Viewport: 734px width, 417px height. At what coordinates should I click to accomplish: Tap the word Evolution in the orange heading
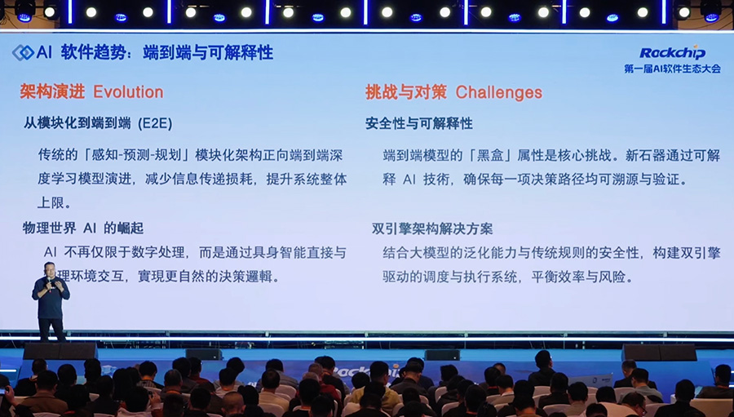click(128, 92)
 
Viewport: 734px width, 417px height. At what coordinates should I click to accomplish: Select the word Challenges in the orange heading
click(498, 92)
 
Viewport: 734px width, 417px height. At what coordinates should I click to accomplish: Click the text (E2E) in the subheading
click(155, 124)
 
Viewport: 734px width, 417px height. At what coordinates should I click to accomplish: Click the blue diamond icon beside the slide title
click(23, 53)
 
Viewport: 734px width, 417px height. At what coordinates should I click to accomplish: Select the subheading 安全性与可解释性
click(418, 124)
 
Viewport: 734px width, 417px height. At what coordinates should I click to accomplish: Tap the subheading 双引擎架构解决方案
click(432, 228)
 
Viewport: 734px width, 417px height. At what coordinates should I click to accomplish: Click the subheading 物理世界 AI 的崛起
click(83, 228)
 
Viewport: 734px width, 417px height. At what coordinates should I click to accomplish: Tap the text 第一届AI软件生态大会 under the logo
click(672, 69)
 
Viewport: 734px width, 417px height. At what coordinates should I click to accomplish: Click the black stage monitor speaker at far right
click(659, 352)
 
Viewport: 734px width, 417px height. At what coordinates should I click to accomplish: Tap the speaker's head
click(51, 266)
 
